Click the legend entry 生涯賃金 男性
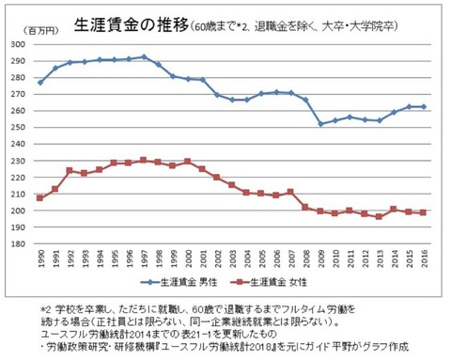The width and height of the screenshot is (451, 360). pyautogui.click(x=188, y=281)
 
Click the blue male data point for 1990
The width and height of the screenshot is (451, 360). pyautogui.click(x=39, y=83)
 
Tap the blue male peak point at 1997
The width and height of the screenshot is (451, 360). pyautogui.click(x=142, y=56)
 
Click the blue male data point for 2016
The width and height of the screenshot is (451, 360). pyautogui.click(x=423, y=106)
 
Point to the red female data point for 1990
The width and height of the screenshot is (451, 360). pyautogui.click(x=39, y=198)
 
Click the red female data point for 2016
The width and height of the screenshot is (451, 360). pyautogui.click(x=423, y=212)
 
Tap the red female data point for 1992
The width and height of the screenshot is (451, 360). pyautogui.click(x=69, y=170)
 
